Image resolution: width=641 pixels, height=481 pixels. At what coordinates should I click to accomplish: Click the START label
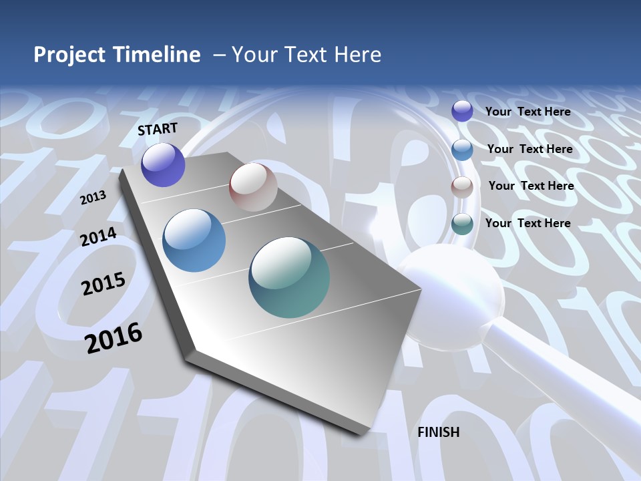(158, 129)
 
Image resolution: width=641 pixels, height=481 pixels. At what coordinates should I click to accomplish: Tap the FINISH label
(439, 432)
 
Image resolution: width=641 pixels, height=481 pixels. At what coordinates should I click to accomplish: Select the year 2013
(93, 198)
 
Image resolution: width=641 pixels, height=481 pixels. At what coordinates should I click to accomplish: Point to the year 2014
(99, 236)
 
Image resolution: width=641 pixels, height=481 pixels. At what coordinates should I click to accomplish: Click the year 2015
(103, 284)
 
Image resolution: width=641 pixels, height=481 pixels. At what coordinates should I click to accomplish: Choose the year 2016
(114, 338)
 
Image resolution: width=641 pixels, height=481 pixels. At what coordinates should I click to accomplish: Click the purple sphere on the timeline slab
(163, 165)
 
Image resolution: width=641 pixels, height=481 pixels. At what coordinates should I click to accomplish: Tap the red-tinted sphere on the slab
(253, 187)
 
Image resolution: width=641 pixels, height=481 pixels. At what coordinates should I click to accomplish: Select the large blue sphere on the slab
(194, 240)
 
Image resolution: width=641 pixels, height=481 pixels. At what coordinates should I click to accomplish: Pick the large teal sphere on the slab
(289, 277)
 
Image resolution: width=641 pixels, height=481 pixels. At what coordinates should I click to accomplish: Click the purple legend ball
(462, 112)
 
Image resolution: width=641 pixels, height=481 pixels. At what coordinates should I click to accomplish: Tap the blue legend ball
(462, 149)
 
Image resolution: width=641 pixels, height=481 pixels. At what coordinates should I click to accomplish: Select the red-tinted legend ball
(462, 187)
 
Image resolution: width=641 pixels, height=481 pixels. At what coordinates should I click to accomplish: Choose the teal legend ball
(462, 224)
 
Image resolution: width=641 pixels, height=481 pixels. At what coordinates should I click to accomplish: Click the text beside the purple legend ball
(527, 112)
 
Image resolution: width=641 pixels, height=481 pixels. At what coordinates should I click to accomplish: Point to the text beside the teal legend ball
(527, 223)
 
